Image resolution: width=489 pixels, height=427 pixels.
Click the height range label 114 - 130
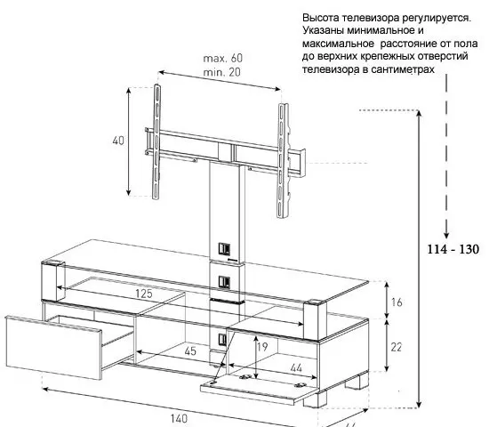coord(453,249)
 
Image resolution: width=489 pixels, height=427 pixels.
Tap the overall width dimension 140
coord(179,418)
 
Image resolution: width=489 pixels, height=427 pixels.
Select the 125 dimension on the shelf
coord(144,294)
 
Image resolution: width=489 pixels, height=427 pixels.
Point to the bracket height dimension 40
coord(118,141)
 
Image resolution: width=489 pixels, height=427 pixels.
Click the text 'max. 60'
coord(222,58)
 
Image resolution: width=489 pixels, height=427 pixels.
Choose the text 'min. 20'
coord(221,72)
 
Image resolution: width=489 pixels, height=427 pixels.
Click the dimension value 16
coord(397,302)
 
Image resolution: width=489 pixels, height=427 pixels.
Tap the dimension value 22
coord(396,347)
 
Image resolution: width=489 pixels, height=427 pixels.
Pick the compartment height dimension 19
coord(262,347)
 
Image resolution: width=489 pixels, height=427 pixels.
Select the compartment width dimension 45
coord(190,351)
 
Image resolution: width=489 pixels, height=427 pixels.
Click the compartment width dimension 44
coord(296,368)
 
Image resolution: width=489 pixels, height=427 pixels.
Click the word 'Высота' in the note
coord(320,18)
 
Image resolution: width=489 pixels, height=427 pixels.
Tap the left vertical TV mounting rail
coord(156,141)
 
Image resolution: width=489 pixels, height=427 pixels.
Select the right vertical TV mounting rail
coord(282,161)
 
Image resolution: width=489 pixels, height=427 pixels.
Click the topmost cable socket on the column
coord(224,248)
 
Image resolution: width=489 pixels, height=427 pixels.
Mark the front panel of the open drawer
coord(53,348)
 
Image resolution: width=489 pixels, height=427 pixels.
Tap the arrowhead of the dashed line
coord(446,235)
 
